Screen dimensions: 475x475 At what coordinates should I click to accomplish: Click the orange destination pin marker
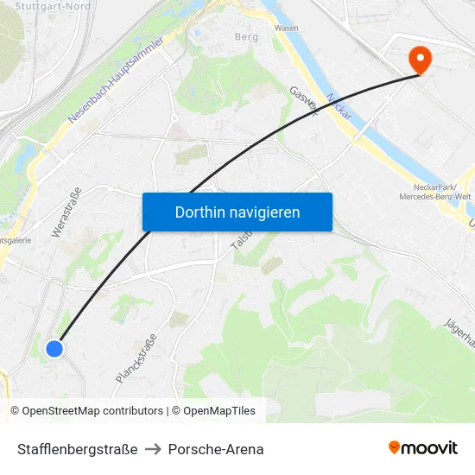(419, 59)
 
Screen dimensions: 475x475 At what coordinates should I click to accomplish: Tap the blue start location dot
(54, 348)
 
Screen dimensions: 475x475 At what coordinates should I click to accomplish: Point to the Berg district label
(246, 37)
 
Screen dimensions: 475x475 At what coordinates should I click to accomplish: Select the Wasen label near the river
(286, 28)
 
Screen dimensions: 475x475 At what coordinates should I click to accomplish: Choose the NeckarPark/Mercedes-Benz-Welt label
(434, 191)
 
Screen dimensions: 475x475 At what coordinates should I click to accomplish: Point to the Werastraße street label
(66, 212)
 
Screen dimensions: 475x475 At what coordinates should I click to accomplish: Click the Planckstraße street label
(136, 358)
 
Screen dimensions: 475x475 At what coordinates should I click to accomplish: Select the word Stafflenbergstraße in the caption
(78, 449)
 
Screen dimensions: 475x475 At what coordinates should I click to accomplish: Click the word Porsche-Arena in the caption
(216, 449)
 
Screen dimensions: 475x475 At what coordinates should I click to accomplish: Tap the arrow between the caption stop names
(153, 449)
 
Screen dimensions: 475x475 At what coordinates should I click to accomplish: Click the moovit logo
(423, 447)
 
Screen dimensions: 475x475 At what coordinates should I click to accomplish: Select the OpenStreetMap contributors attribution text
(86, 411)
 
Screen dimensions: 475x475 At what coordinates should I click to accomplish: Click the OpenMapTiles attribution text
(213, 411)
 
